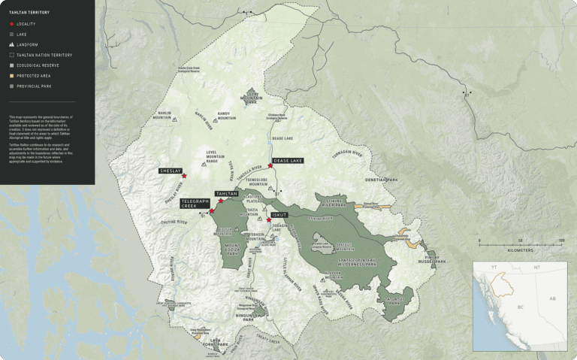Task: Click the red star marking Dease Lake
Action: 270,166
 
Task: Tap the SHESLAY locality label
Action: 171,171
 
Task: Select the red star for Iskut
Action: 268,220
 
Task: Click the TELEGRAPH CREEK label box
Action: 195,203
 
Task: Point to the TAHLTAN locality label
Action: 227,194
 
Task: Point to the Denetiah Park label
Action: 382,180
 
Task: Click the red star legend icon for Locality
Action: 11,24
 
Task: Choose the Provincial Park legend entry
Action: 35,86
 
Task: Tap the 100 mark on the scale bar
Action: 560,241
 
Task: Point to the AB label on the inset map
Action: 551,298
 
